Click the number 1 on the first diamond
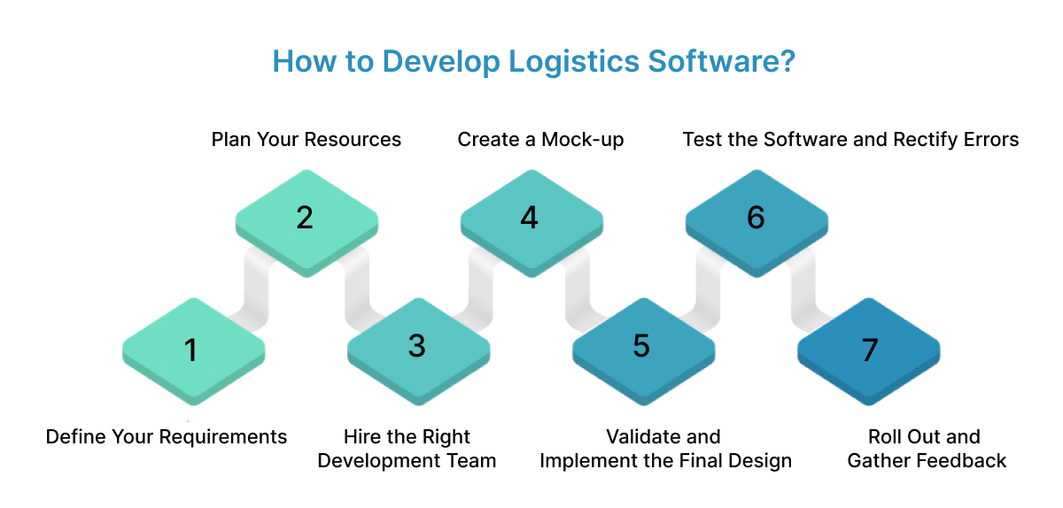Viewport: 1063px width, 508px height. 190,350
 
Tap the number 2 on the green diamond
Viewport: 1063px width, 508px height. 305,218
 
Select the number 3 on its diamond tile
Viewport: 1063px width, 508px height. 417,346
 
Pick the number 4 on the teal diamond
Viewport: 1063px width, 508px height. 529,218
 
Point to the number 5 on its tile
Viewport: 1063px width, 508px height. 641,346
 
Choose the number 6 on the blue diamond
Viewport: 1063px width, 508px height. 756,218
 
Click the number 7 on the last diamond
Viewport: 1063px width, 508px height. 869,350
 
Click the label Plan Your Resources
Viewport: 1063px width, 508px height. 306,140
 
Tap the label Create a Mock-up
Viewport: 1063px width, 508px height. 540,140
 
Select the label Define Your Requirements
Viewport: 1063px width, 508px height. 167,437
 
